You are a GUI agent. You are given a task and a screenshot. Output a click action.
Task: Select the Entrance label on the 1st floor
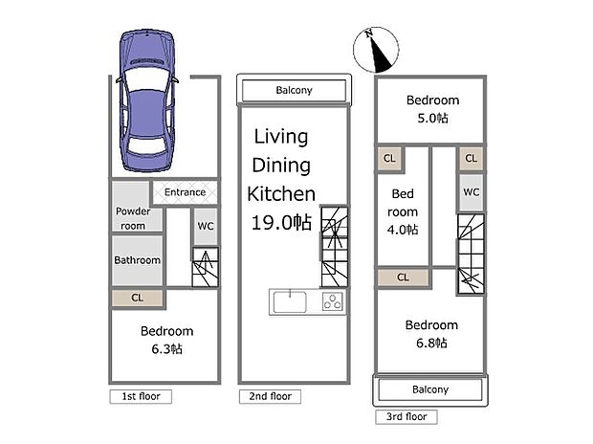(185, 192)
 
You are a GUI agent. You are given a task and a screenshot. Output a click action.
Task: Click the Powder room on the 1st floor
(131, 218)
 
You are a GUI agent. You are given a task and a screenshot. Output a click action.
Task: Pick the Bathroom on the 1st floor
(137, 260)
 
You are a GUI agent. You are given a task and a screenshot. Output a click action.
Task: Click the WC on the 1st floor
(205, 227)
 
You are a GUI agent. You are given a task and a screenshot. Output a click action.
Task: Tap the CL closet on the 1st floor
(137, 299)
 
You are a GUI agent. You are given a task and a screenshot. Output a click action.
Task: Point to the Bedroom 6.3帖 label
(166, 340)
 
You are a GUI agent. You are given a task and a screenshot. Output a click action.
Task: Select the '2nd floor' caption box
(270, 395)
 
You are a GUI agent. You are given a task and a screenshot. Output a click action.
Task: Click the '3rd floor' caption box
(406, 416)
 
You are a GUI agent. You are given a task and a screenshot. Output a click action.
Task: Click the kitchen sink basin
(289, 302)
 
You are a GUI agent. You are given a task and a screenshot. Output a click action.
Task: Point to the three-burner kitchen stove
(332, 302)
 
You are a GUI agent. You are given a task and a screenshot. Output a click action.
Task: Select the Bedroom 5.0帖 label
(432, 108)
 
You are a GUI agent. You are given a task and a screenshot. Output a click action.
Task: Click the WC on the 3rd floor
(470, 191)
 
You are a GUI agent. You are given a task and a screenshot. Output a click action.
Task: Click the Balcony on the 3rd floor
(429, 389)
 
